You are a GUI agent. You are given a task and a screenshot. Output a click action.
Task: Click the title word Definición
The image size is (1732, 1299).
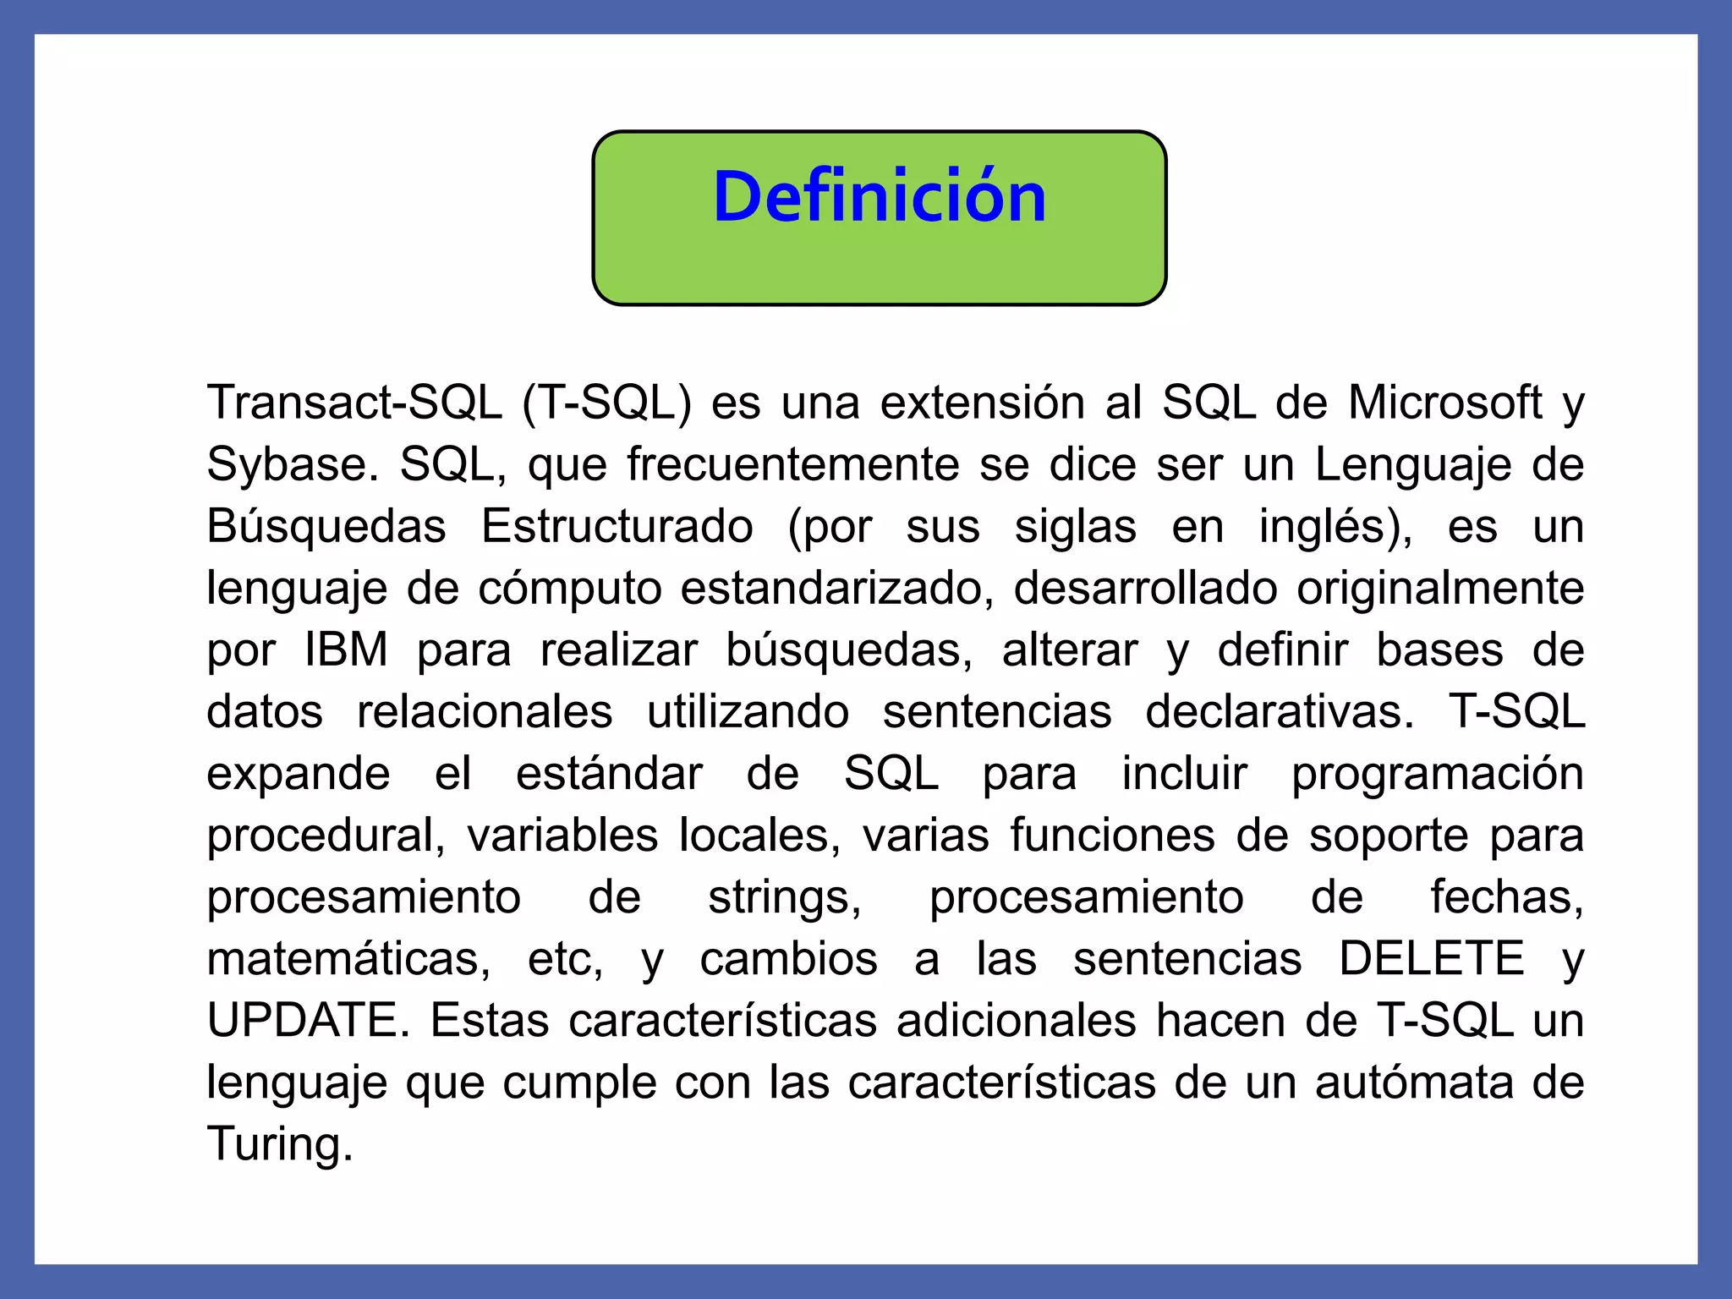point(880,197)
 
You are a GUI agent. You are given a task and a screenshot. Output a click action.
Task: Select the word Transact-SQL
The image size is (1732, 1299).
point(354,403)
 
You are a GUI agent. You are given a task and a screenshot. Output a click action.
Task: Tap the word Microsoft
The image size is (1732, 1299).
point(1444,403)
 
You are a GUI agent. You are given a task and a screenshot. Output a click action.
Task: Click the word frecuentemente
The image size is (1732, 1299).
point(793,464)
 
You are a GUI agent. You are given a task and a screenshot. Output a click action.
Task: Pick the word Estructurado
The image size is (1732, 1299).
point(617,526)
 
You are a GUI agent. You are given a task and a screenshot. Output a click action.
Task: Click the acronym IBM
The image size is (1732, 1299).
point(346,649)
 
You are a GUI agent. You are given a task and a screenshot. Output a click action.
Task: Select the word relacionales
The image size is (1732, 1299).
point(485,711)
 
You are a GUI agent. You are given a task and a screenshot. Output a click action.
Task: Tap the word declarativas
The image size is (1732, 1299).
point(1280,711)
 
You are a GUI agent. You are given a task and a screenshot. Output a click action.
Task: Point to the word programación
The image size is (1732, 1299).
point(1437,773)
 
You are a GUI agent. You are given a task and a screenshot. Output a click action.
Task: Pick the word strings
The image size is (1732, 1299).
point(785,896)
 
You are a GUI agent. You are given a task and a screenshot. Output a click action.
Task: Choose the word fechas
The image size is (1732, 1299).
point(1507,896)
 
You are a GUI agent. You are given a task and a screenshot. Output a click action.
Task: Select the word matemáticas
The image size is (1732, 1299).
point(348,958)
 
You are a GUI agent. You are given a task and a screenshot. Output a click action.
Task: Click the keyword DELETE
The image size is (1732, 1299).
point(1432,958)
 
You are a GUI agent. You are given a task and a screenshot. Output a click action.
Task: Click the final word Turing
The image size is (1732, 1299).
point(279,1143)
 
